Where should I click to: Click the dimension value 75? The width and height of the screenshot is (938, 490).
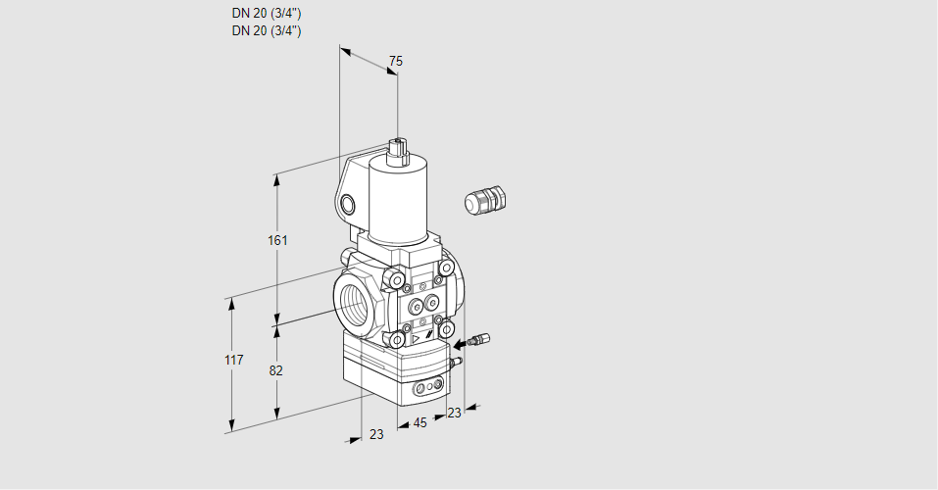(x=395, y=61)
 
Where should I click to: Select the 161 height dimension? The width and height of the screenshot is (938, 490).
(x=277, y=240)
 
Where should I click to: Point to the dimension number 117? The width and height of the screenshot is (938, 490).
(x=234, y=360)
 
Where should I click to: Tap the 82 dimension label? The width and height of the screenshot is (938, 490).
(x=275, y=371)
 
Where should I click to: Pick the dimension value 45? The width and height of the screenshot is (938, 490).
(x=420, y=423)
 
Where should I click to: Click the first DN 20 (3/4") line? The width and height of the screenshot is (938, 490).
(x=267, y=13)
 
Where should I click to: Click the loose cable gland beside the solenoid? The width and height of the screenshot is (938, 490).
(x=485, y=200)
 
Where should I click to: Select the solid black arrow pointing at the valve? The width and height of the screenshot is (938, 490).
(x=461, y=344)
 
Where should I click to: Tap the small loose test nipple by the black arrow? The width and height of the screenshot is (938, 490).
(x=479, y=340)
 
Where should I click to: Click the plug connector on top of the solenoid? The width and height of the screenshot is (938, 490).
(x=398, y=152)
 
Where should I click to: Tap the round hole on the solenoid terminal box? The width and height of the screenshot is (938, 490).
(x=347, y=206)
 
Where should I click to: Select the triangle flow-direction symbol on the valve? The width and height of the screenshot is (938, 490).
(x=416, y=340)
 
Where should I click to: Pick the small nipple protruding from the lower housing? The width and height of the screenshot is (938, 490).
(x=456, y=361)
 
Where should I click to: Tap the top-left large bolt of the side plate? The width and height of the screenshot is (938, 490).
(x=395, y=278)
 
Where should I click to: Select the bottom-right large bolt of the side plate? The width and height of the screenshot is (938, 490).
(x=445, y=329)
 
